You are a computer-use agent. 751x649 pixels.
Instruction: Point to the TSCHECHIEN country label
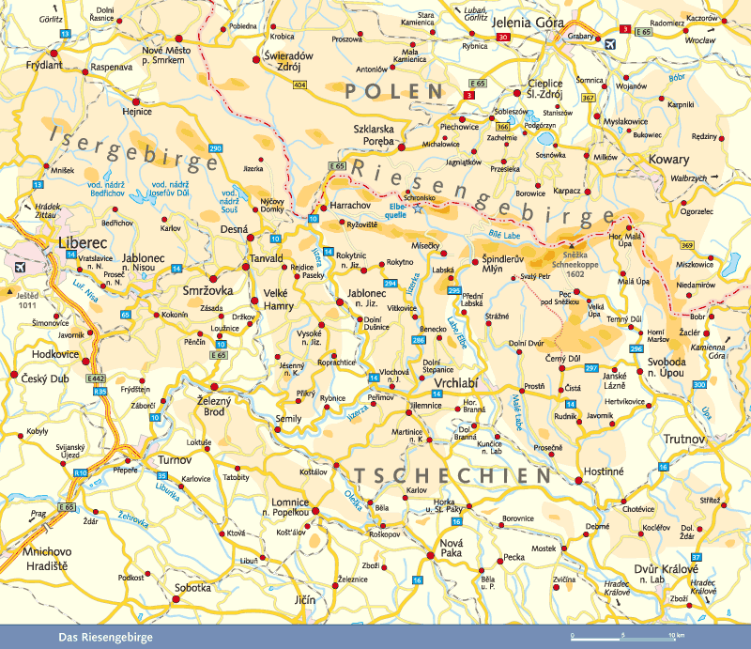point(452,475)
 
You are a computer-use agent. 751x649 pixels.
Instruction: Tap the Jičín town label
point(306,598)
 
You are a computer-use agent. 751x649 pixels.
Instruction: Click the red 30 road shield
point(503,38)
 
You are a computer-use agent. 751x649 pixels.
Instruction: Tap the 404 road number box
point(299,85)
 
